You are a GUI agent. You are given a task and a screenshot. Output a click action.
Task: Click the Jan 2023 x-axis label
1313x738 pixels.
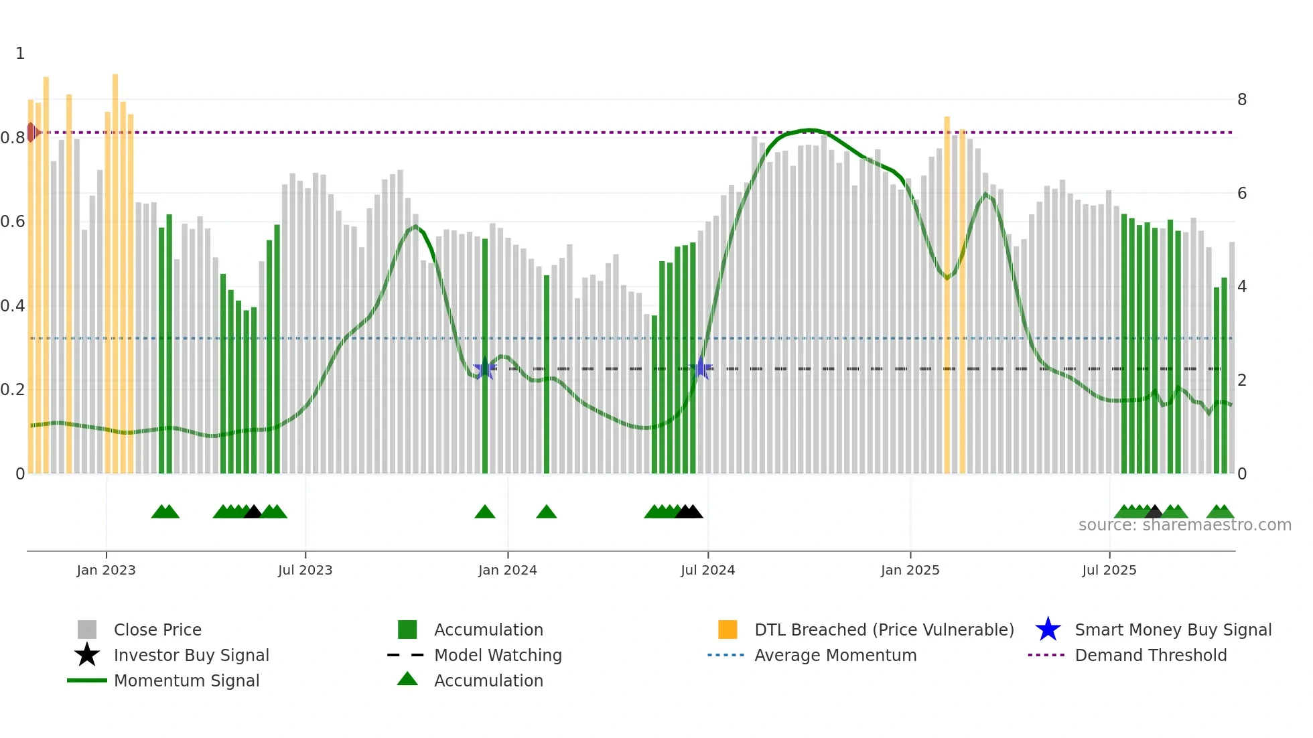pos(106,570)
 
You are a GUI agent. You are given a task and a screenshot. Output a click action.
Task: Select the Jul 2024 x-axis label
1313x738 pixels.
pos(707,570)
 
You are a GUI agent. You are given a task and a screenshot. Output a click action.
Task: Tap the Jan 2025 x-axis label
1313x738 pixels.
pos(910,570)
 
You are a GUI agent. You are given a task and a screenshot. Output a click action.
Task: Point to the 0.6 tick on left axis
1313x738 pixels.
pos(13,222)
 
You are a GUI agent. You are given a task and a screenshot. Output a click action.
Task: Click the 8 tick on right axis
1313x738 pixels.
pos(1242,100)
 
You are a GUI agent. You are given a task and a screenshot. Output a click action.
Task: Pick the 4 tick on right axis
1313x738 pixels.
pos(1242,287)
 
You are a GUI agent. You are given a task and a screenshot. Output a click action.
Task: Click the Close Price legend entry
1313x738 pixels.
pos(157,630)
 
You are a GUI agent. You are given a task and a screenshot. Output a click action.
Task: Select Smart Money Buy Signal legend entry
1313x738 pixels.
pos(1172,630)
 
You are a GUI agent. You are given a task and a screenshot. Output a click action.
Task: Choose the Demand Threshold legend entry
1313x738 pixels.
pos(1150,655)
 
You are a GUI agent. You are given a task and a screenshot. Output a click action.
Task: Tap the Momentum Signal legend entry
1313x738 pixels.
pos(186,680)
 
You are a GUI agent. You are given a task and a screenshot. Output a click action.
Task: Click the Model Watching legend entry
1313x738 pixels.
pos(497,655)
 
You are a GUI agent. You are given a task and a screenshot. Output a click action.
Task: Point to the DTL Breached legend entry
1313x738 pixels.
pos(884,630)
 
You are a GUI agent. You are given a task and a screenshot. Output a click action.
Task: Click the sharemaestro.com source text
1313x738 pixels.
pos(1184,525)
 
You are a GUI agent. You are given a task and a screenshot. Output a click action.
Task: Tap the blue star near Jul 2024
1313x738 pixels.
pos(701,368)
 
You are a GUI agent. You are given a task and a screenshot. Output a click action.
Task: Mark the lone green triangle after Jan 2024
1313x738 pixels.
pos(547,512)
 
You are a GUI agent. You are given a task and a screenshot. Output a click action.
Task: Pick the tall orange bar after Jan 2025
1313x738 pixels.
pos(947,295)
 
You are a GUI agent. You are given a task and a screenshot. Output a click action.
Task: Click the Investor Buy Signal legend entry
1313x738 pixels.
pos(191,655)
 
